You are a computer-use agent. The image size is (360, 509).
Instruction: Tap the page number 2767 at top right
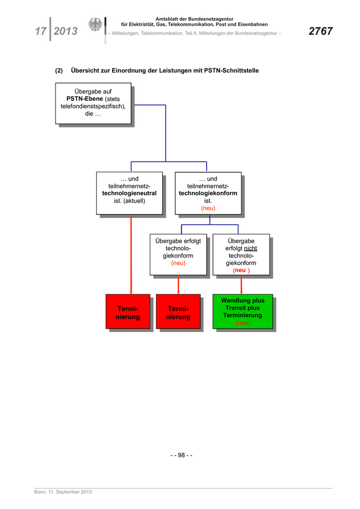tap(320, 31)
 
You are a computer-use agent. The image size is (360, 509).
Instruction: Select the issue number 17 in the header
tap(40, 31)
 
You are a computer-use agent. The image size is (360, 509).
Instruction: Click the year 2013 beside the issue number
tap(65, 31)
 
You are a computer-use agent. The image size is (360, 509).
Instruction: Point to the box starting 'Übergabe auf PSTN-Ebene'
tap(93, 104)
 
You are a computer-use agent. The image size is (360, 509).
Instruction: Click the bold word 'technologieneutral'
tap(129, 193)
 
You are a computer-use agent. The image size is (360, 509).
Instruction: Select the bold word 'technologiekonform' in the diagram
tap(208, 193)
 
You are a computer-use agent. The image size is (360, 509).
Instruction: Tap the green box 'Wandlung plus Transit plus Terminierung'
tap(243, 311)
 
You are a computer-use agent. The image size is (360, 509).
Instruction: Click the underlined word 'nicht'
tap(250, 248)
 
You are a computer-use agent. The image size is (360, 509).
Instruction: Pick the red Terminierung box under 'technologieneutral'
tap(128, 313)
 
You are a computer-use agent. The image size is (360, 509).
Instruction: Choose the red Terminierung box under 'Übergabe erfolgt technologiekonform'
tap(178, 313)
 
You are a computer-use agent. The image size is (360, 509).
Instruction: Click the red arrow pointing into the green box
tap(242, 285)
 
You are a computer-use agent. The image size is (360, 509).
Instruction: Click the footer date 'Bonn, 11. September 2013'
tap(63, 492)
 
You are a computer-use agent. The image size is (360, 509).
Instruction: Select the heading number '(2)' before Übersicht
tap(59, 70)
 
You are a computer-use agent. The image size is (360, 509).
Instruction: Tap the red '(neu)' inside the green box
tap(243, 323)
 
